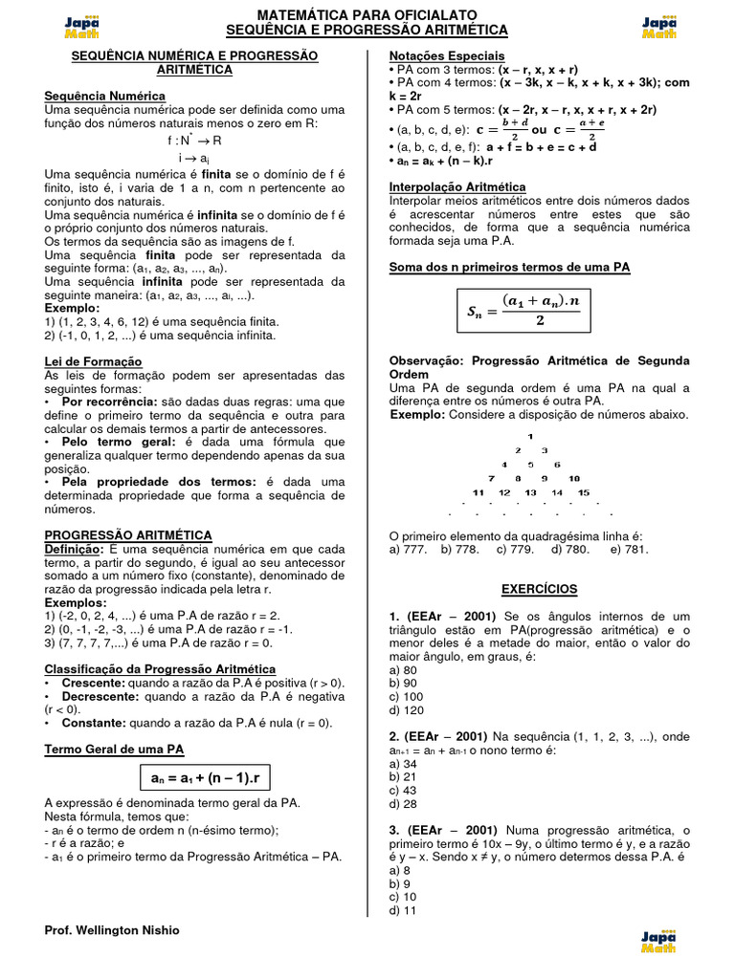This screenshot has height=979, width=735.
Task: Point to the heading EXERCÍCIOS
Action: pyautogui.click(x=539, y=589)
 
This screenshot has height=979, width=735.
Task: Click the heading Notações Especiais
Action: pyautogui.click(x=447, y=56)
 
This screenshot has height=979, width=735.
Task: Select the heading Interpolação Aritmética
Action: pyautogui.click(x=457, y=187)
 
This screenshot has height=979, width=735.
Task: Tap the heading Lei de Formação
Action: pyautogui.click(x=93, y=361)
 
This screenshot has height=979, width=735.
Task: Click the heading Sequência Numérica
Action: pyautogui.click(x=105, y=97)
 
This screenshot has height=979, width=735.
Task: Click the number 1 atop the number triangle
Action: pyautogui.click(x=530, y=436)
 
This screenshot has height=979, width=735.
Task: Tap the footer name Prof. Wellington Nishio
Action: pyautogui.click(x=112, y=930)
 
